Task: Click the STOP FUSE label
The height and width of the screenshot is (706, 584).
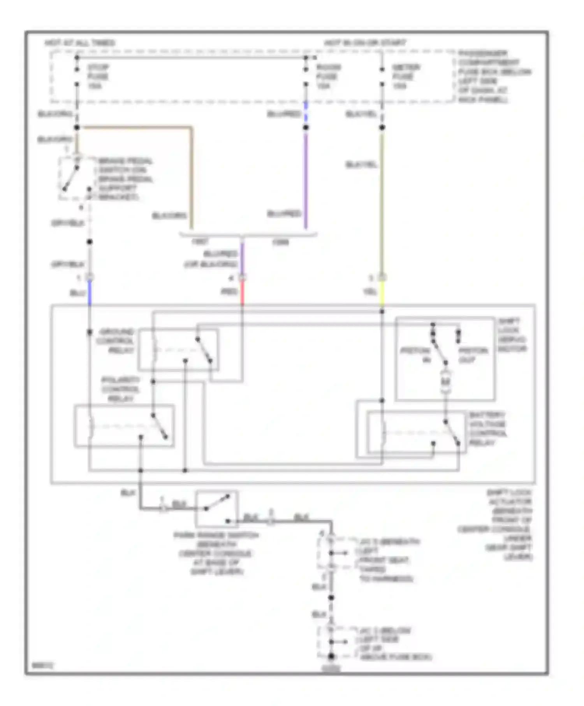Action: [98, 76]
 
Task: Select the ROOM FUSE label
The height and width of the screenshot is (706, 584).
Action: [328, 76]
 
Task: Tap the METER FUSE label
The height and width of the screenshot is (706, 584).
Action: [405, 76]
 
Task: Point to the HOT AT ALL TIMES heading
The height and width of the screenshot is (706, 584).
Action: [80, 42]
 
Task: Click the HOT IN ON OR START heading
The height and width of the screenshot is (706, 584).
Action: [365, 42]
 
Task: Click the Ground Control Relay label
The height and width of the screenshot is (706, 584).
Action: [116, 341]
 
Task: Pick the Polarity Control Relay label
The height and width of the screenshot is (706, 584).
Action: [120, 389]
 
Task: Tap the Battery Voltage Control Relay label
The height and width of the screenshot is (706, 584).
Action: [487, 429]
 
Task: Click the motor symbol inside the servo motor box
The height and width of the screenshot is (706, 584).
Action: [445, 382]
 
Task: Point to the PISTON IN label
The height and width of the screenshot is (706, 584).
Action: [416, 355]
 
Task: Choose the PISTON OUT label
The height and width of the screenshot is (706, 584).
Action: [473, 355]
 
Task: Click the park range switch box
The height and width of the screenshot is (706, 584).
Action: [216, 509]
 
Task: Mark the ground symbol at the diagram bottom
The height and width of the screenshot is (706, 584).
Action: [331, 668]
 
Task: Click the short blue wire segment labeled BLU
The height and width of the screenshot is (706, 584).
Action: [90, 293]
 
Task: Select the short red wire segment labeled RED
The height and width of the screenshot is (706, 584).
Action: [242, 293]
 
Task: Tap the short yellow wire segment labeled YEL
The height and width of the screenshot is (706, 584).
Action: [382, 293]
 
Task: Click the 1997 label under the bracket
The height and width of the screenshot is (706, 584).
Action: [200, 242]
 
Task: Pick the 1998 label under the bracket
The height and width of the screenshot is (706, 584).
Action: [280, 242]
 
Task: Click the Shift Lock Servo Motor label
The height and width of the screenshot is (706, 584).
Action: [512, 335]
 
